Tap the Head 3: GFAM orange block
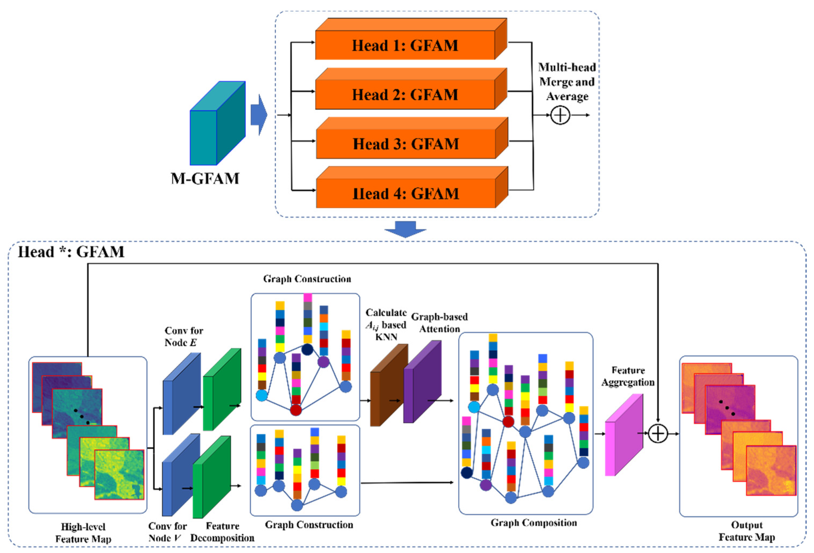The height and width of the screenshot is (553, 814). point(406,144)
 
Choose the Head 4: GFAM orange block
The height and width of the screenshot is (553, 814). point(406,193)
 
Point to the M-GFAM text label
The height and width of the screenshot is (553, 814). point(205,179)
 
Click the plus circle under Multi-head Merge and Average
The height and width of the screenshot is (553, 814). point(560,115)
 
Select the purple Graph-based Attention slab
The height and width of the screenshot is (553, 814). point(422,382)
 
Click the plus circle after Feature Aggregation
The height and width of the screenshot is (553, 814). point(658,434)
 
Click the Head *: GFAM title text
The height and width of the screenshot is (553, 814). point(71,252)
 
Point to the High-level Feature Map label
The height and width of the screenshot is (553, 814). point(83,533)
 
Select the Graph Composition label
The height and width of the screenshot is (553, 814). point(534,523)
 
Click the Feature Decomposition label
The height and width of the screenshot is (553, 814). point(222,532)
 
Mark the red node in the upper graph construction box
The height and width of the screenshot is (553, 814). point(296,410)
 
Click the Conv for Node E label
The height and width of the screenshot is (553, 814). point(184,336)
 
